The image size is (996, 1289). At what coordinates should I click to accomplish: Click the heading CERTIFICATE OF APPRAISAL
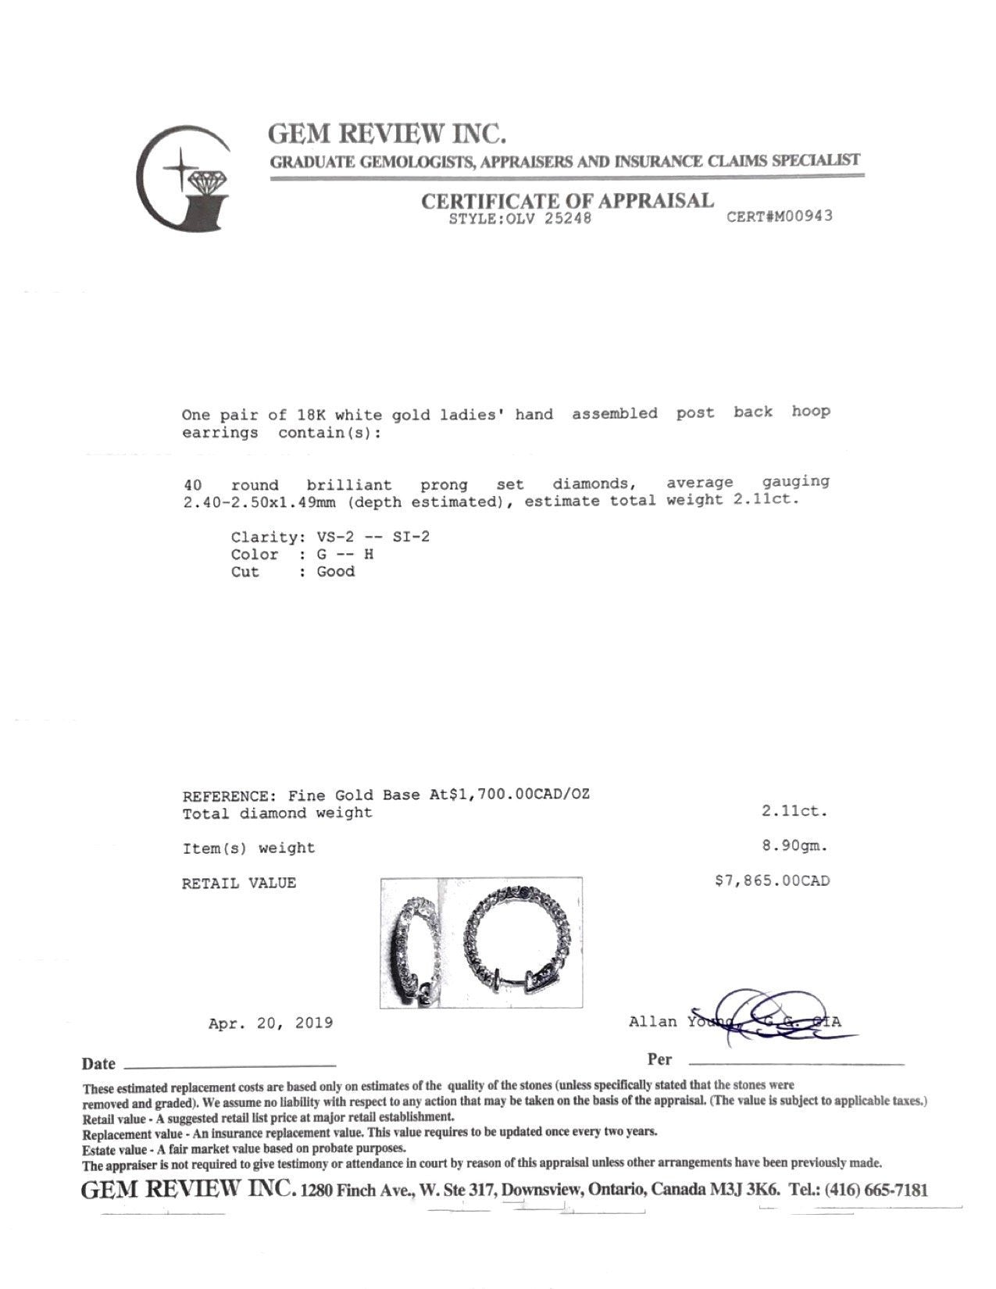pos(567,201)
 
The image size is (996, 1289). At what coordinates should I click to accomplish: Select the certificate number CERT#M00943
pos(779,216)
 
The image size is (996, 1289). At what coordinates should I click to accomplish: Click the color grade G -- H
pos(344,554)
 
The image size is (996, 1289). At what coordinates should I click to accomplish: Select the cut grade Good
pos(336,571)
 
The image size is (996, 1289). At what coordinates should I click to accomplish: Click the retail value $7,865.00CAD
pos(772,880)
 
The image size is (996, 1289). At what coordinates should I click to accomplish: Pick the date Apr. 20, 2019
pos(270,1023)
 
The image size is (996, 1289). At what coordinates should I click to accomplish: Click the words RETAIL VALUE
pos(238,884)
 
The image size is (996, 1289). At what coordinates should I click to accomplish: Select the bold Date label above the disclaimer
pos(98,1064)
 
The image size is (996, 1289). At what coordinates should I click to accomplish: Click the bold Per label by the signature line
pos(659,1059)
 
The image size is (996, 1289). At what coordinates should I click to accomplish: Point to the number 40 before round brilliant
pos(192,484)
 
